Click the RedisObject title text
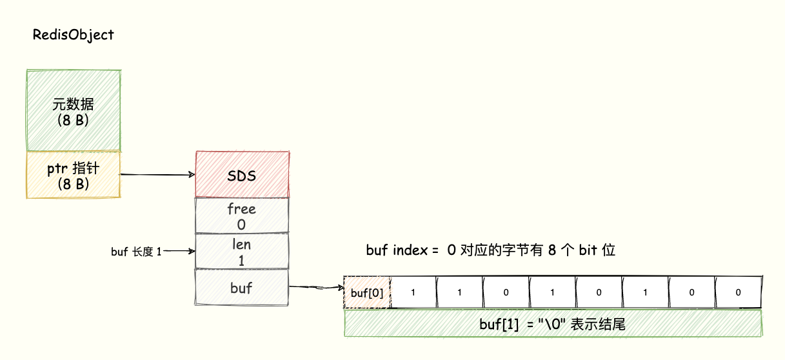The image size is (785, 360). click(73, 35)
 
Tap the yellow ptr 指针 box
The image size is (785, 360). click(72, 174)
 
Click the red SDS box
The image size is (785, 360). click(242, 175)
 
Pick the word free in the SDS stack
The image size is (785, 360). click(242, 209)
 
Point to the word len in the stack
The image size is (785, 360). click(242, 245)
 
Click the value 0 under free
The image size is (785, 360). click(242, 225)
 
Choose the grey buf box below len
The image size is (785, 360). click(242, 288)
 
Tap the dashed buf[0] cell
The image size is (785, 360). click(367, 293)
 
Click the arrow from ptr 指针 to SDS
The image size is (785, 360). click(158, 174)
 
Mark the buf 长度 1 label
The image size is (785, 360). click(135, 252)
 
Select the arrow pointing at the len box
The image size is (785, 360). click(179, 252)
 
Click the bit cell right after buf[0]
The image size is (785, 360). click(413, 292)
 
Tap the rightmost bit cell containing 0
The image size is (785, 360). click(738, 292)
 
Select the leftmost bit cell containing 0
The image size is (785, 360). click(506, 292)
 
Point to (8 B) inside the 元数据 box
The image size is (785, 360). click(72, 119)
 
